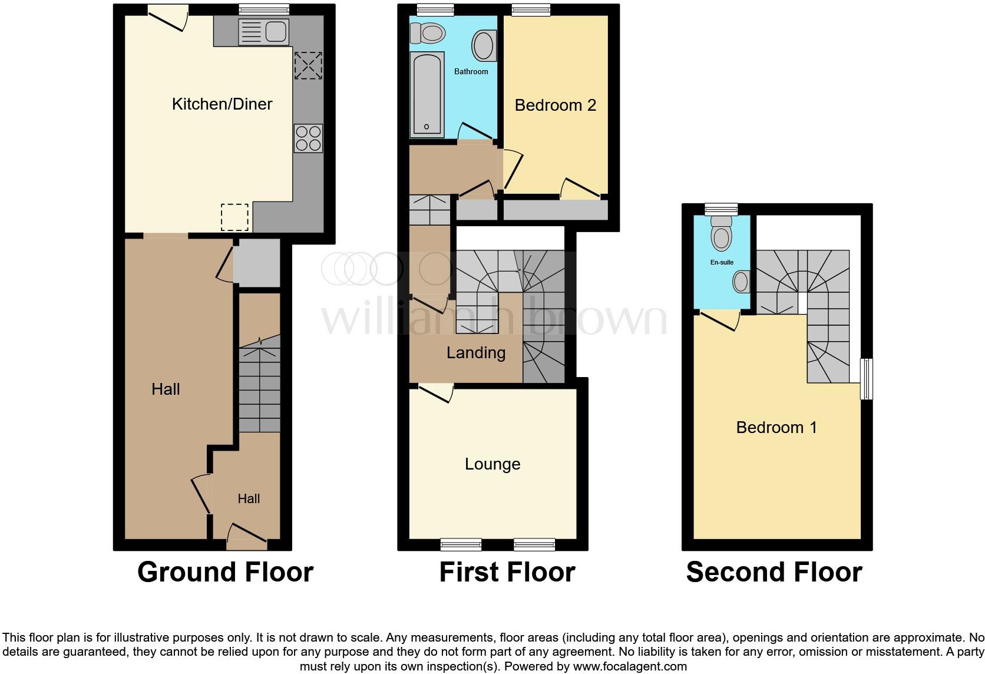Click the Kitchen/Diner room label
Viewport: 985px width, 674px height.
pyautogui.click(x=222, y=104)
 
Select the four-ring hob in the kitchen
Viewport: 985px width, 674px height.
pyautogui.click(x=308, y=138)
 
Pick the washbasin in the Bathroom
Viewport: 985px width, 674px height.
pyautogui.click(x=484, y=45)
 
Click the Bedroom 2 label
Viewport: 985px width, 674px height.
pyautogui.click(x=555, y=105)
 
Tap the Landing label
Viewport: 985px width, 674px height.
pyautogui.click(x=475, y=353)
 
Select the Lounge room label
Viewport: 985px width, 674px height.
pyautogui.click(x=492, y=464)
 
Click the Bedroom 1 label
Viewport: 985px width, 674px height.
pyautogui.click(x=776, y=427)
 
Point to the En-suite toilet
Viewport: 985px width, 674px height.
pyautogui.click(x=722, y=234)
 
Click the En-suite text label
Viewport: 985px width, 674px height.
pyautogui.click(x=722, y=262)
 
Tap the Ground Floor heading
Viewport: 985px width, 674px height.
pyautogui.click(x=225, y=572)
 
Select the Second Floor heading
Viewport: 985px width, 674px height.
pyautogui.click(x=774, y=572)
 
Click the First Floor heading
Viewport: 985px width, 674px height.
pyautogui.click(x=507, y=572)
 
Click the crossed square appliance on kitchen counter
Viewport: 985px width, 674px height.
pyautogui.click(x=308, y=65)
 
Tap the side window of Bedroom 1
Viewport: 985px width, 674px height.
pyautogui.click(x=866, y=379)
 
